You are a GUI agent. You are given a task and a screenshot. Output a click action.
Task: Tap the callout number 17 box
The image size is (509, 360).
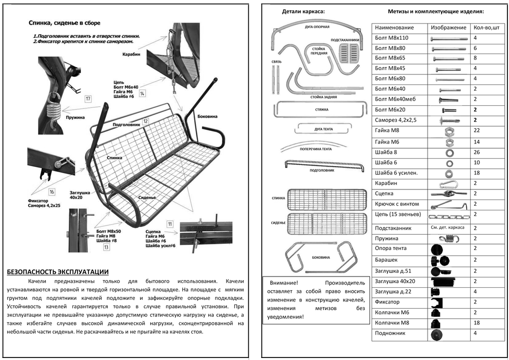point(88,99)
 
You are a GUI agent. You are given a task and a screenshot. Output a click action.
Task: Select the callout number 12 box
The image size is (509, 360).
point(146,121)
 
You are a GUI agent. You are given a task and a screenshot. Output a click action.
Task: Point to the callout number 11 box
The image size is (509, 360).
point(169,224)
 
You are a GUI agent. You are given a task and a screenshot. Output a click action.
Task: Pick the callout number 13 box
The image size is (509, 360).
point(106,247)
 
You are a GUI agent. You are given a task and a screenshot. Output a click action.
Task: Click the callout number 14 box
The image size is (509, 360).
point(143,93)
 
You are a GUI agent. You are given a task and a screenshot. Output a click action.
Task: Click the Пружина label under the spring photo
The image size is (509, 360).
point(75,117)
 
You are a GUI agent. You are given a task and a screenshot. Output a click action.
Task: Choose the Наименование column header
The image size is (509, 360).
point(394,27)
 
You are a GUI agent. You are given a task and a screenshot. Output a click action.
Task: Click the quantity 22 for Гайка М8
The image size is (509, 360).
point(475,131)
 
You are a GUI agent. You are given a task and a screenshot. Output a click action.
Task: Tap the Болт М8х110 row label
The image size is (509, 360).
point(392,38)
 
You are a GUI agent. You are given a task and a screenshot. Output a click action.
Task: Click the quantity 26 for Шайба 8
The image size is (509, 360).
point(475,152)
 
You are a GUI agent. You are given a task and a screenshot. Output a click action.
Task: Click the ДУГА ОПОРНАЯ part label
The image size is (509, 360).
point(317,26)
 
